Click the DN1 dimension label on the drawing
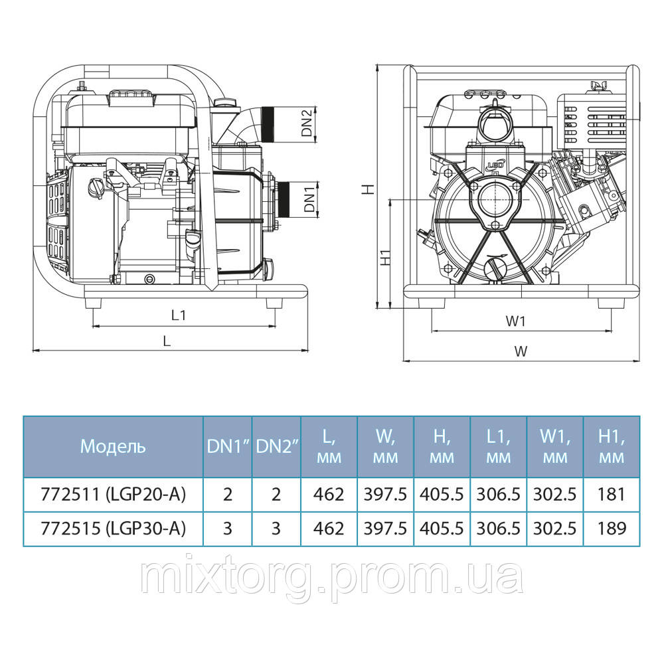(x=308, y=198)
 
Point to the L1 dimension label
(x=177, y=316)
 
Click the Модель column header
(x=112, y=446)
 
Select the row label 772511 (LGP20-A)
(x=112, y=494)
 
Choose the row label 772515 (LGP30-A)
(x=112, y=529)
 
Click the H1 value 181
(x=612, y=494)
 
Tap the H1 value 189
(x=612, y=529)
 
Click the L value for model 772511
(x=329, y=494)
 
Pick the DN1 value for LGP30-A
(x=227, y=529)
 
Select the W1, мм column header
(x=554, y=446)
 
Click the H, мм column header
(x=442, y=446)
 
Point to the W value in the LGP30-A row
(x=385, y=529)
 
